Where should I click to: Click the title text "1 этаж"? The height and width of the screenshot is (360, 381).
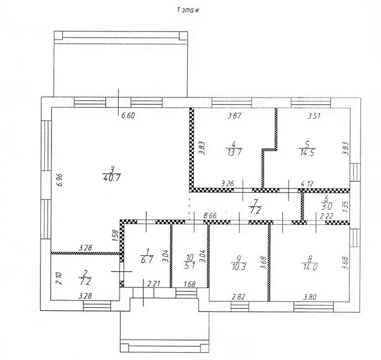[188, 10]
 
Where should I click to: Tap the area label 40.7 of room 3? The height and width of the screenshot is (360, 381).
[112, 178]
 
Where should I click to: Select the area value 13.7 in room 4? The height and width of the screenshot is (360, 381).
[234, 152]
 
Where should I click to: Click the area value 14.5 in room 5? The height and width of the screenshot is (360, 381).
[307, 153]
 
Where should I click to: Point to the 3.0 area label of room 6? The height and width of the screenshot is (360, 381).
[326, 207]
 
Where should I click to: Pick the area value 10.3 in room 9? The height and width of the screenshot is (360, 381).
[239, 266]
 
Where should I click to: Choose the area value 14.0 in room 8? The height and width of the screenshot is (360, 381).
[310, 267]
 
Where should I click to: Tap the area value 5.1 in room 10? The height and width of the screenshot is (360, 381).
[190, 265]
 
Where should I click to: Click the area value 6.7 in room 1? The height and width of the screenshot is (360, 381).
[147, 260]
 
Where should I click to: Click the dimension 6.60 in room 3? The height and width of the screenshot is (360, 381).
[128, 115]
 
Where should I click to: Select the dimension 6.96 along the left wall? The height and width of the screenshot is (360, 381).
[60, 179]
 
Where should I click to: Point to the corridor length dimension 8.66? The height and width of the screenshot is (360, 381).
[210, 215]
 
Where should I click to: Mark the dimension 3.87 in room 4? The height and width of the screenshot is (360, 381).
[234, 115]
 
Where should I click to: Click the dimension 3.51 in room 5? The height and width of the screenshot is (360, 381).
[314, 116]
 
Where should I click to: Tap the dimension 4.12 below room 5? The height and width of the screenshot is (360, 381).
[307, 184]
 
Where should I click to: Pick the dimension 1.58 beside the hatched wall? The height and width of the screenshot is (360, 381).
[115, 235]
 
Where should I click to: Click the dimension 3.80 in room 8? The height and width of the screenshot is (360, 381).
[310, 297]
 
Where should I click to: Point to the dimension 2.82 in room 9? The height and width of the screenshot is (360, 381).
[239, 297]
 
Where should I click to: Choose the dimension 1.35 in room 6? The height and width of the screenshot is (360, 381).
[346, 206]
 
